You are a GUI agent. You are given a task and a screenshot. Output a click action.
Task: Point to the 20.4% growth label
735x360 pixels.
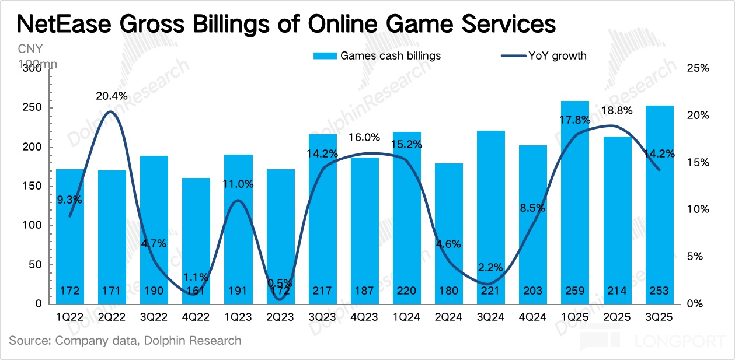[112, 96]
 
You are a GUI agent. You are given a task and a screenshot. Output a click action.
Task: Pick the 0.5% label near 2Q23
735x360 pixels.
[280, 283]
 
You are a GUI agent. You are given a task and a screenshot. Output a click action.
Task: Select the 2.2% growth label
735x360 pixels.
[490, 267]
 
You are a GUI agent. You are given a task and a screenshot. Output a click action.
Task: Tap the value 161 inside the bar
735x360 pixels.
[196, 291]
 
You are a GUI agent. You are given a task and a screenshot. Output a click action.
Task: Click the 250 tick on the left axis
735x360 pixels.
[34, 108]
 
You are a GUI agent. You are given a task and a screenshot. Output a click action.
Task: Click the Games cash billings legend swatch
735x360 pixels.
[325, 56]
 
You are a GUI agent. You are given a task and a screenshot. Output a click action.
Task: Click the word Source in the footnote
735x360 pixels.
[29, 341]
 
